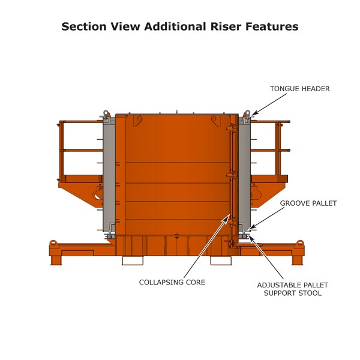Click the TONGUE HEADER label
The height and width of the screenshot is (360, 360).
point(300,89)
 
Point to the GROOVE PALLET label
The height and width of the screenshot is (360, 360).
point(308,203)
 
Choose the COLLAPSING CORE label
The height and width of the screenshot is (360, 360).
point(172,282)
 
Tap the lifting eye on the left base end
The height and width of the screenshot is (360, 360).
point(53,243)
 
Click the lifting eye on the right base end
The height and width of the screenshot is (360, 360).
point(299,243)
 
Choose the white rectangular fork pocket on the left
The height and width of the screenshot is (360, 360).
point(132,260)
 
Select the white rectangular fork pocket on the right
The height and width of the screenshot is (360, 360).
point(220,260)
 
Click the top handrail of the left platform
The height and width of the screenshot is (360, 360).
point(81,122)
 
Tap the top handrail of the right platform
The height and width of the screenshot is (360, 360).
point(270,122)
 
